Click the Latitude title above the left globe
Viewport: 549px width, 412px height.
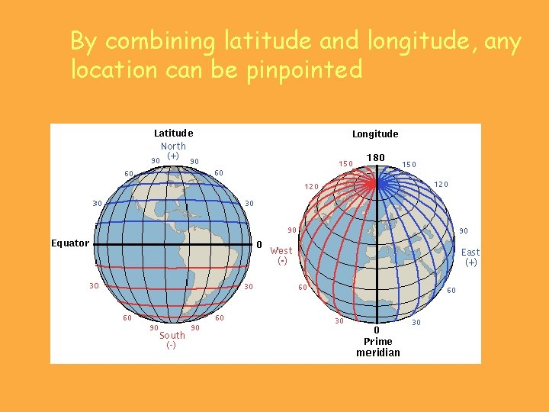[x=173, y=134]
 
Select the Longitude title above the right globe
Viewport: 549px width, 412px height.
[x=375, y=134]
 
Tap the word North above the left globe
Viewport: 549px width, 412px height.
[x=173, y=146]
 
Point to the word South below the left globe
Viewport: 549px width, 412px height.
[x=172, y=335]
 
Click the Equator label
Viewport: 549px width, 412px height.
[x=70, y=243]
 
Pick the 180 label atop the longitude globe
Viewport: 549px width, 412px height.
[x=375, y=158]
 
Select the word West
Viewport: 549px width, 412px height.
[x=281, y=250]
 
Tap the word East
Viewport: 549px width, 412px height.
[x=470, y=253]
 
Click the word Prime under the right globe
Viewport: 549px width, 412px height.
[x=378, y=341]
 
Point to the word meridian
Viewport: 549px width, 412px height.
[x=378, y=352]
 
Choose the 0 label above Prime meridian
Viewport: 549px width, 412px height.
[x=377, y=330]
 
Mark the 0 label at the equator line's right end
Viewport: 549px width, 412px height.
[x=259, y=245]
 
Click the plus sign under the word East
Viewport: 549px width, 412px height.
[x=471, y=262]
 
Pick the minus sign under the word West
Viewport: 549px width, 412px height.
[x=281, y=261]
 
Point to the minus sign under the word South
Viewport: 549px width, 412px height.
[x=171, y=345]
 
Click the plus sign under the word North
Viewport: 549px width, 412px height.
[x=173, y=156]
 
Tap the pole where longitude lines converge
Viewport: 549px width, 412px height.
[x=375, y=183]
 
